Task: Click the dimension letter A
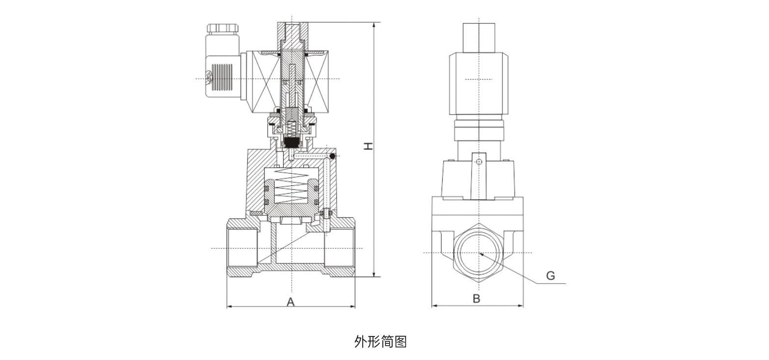[291, 301]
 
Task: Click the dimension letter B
[476, 298]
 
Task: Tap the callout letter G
[551, 276]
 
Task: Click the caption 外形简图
[380, 341]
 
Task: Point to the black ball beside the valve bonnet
[333, 156]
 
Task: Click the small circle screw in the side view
[479, 162]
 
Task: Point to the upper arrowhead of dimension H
[374, 26]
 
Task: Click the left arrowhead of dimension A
[229, 307]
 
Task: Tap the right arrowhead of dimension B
[521, 307]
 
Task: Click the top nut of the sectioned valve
[292, 33]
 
